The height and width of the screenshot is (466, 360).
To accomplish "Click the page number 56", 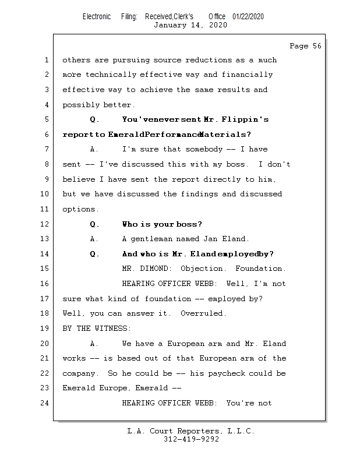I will point(316,46).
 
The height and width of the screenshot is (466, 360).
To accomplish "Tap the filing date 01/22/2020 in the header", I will point(248,17).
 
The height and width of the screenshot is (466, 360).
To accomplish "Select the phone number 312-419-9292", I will point(191,439).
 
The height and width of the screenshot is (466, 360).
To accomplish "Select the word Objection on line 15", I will point(202,269).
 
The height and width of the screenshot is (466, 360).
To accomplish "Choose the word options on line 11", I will point(80,209).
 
